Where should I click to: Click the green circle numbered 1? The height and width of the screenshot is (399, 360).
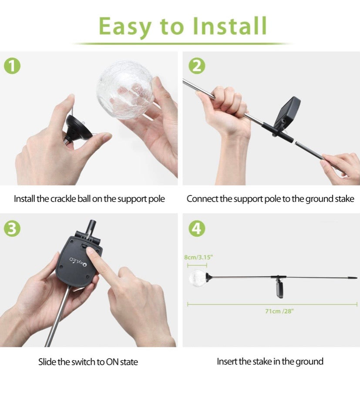click(x=12, y=66)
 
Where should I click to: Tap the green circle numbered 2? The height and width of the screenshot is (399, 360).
click(x=197, y=66)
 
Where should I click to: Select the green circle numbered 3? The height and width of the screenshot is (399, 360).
click(x=12, y=228)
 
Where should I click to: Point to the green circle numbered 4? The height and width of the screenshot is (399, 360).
click(x=197, y=228)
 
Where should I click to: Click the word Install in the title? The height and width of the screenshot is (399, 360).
click(x=229, y=26)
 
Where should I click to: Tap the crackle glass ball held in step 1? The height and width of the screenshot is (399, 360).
click(x=125, y=90)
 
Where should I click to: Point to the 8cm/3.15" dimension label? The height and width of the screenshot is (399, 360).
click(x=198, y=257)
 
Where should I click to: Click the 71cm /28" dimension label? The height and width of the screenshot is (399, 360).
click(x=279, y=311)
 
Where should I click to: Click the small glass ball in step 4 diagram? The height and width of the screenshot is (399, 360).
click(x=197, y=278)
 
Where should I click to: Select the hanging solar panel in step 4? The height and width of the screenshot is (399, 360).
click(x=279, y=290)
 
